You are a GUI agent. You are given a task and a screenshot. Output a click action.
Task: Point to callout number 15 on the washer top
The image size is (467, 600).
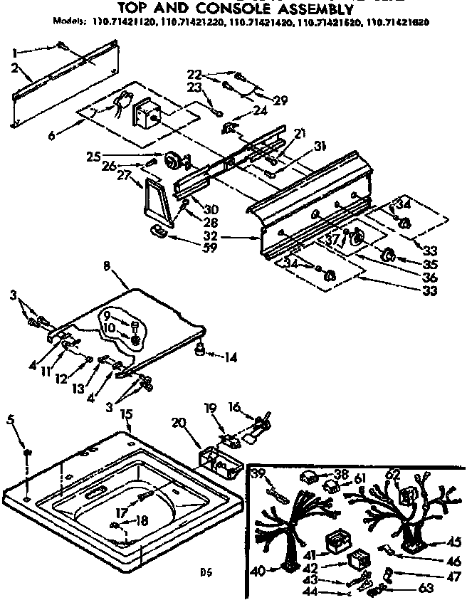126,414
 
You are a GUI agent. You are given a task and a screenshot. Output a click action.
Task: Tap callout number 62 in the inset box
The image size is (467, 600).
393,473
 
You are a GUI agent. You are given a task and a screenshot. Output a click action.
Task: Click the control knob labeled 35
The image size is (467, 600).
389,255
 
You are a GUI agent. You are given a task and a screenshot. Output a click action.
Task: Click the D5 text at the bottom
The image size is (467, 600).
206,570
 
